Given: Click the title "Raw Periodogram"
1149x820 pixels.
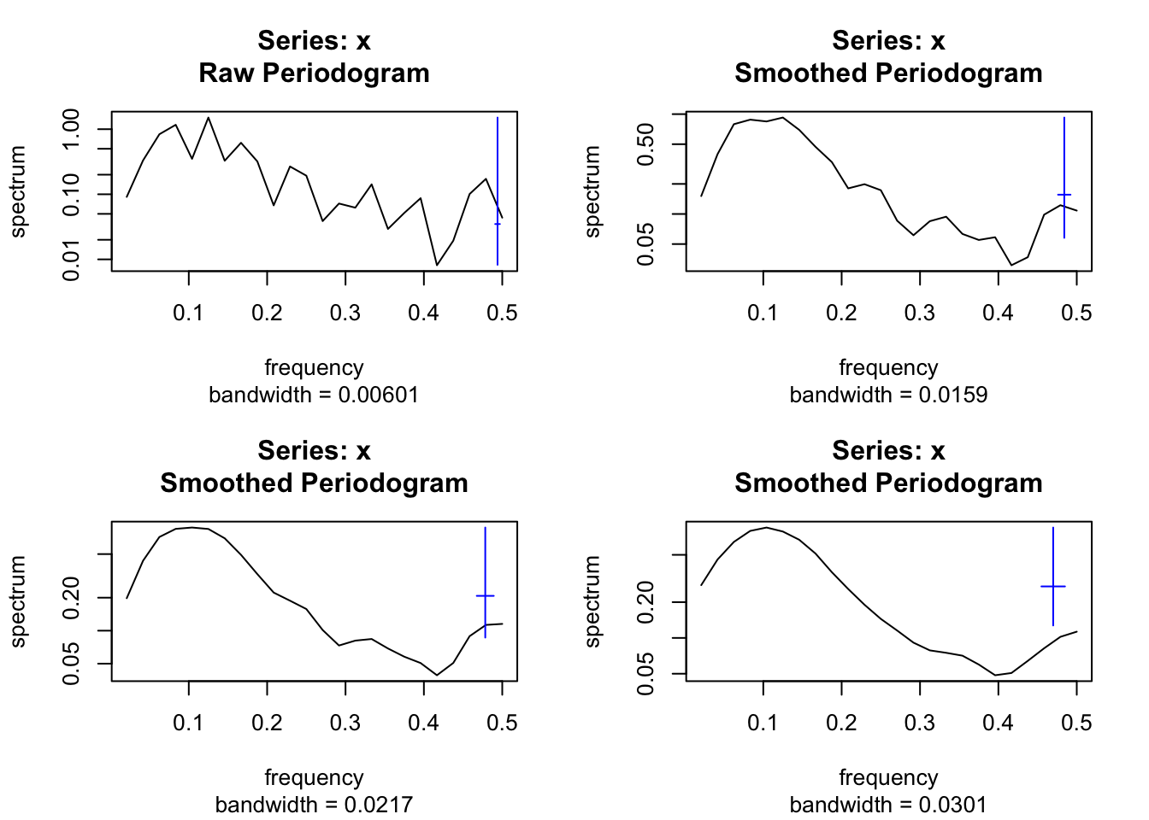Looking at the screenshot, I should click(314, 73).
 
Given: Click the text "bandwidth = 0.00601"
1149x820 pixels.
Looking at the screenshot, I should click(314, 395).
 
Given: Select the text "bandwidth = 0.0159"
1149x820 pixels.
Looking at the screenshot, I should click(888, 395).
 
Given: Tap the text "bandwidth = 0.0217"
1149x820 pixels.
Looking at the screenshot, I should click(314, 805).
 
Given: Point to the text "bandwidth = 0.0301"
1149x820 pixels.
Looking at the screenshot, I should click(888, 805).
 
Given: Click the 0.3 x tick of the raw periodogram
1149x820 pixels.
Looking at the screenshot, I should click(345, 313).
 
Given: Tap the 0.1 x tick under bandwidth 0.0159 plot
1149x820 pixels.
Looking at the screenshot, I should click(763, 313).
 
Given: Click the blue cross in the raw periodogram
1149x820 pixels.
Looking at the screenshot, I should click(498, 224).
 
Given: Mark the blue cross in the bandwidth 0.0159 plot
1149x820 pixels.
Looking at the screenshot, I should click(1064, 195).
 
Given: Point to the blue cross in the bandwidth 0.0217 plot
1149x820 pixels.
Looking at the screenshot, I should click(486, 595).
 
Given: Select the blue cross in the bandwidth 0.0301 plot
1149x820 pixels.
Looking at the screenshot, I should click(1053, 586).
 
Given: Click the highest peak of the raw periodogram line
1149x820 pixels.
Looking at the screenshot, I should click(209, 118).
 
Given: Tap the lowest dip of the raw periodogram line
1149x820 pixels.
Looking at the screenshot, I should click(437, 265).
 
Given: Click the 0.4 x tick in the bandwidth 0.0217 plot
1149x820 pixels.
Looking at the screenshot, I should click(423, 723).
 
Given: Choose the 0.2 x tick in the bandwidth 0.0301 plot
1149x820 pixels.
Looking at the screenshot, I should click(841, 723).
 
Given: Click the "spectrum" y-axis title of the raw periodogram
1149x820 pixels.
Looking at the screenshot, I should click(18, 191).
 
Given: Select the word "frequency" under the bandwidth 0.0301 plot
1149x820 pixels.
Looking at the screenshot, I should click(888, 778).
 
